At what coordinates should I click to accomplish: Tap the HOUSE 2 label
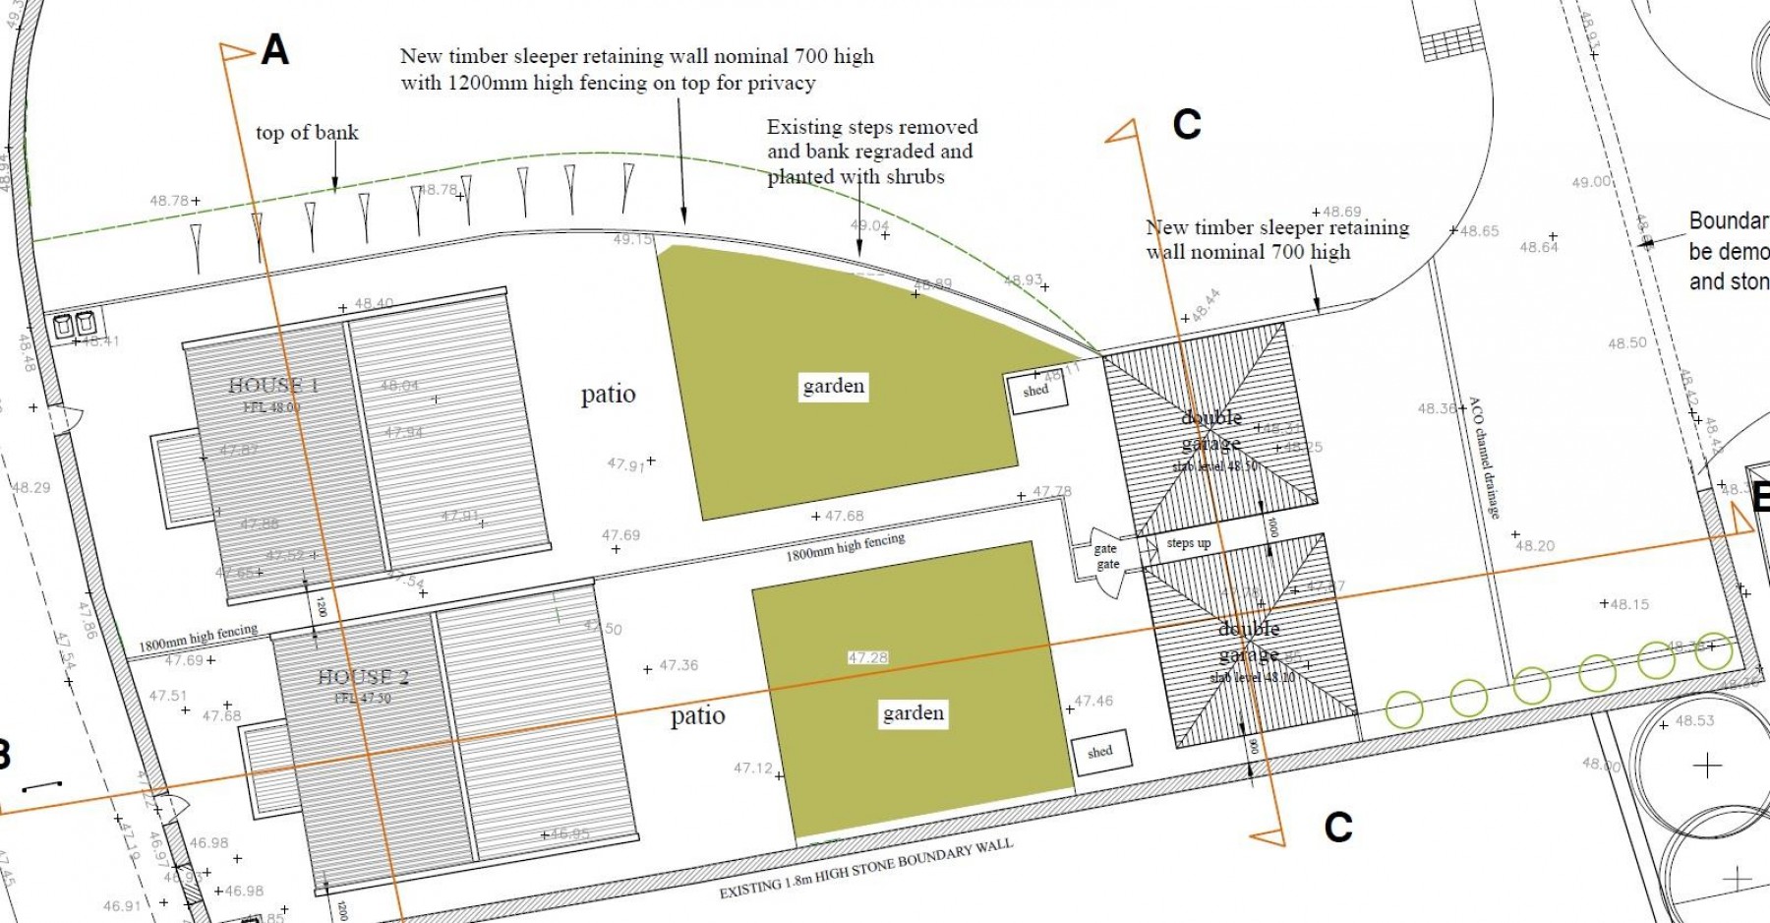click(363, 677)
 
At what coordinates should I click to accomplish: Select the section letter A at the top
click(274, 50)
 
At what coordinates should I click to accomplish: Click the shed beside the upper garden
click(1035, 392)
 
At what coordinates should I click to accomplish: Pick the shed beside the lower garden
click(1100, 753)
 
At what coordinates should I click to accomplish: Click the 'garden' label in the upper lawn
click(833, 386)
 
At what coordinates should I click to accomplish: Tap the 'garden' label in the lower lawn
click(914, 713)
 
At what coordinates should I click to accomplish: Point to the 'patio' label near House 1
click(608, 395)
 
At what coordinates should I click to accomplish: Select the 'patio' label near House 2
click(697, 716)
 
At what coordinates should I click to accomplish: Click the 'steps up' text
click(1188, 543)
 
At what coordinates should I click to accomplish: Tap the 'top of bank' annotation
click(307, 133)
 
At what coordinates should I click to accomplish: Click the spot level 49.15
click(632, 239)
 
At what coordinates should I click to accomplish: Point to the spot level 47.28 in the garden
click(867, 657)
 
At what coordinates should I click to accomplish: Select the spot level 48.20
click(1535, 545)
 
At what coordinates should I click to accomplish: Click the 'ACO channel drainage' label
click(1485, 458)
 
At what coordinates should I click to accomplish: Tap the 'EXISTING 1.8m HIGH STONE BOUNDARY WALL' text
click(865, 870)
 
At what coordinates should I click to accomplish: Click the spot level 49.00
click(1591, 182)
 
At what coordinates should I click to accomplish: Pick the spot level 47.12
click(753, 768)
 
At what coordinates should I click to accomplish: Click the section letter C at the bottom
click(1337, 828)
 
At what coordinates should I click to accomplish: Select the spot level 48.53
click(1694, 720)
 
